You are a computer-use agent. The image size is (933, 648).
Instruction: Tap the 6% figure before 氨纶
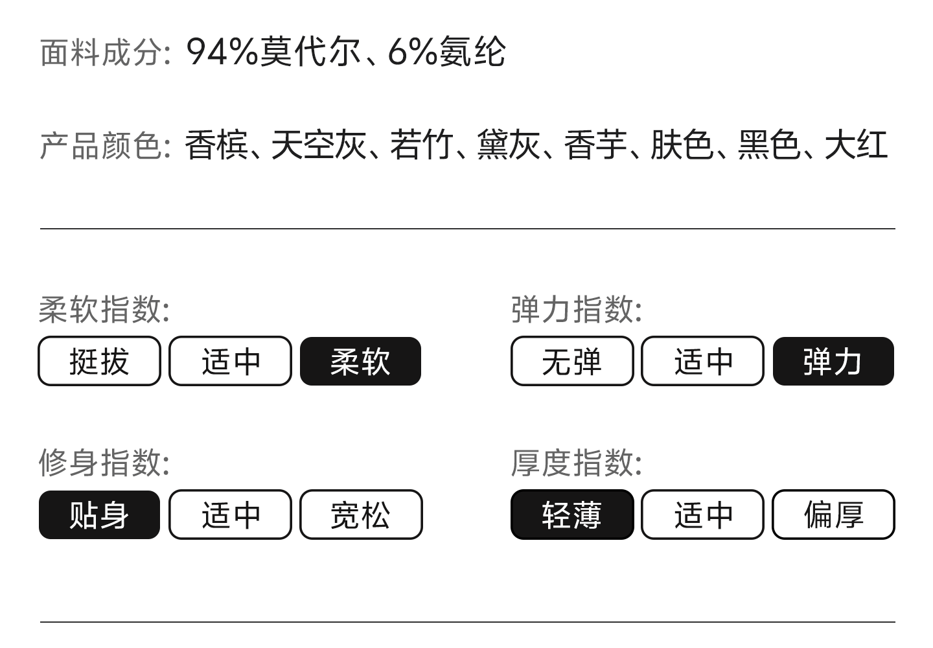coord(412,52)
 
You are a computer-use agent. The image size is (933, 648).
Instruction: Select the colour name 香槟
coord(216,145)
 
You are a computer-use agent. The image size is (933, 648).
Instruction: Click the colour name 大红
coord(855,145)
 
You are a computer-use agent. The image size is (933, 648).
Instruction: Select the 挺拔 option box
coord(99,361)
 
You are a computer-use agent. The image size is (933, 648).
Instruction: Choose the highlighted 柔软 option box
coord(360,361)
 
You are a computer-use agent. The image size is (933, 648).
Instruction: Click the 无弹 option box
coord(571,361)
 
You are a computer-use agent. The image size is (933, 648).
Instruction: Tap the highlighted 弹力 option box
coord(833,361)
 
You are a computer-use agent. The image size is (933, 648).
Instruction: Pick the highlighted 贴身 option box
coord(99,515)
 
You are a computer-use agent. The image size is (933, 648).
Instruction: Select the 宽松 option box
coord(360,515)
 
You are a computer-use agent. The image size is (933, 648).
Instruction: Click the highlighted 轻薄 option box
coord(571,515)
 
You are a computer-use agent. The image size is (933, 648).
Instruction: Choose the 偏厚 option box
coord(833,515)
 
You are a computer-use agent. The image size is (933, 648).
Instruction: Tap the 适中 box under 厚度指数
coord(702,515)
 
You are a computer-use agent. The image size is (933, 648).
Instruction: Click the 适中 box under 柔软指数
coord(230,361)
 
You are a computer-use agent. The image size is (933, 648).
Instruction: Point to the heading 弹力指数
coord(574,309)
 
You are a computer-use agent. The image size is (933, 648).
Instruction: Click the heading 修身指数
coord(102,463)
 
